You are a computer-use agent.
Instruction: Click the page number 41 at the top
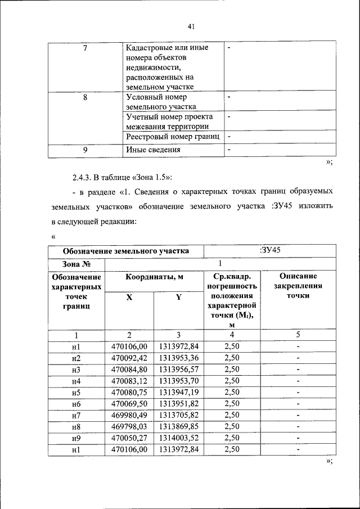[191, 26]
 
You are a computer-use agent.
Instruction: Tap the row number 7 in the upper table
[84, 48]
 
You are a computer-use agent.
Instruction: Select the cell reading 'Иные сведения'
[153, 150]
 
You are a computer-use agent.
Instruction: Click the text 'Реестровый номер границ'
[172, 137]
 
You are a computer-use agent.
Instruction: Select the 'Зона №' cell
[76, 263]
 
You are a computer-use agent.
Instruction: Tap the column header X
[129, 297]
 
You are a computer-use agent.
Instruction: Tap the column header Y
[178, 297]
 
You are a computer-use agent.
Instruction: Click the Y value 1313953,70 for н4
[178, 381]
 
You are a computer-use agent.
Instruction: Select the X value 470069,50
[129, 404]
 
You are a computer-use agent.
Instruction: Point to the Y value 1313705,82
[178, 415]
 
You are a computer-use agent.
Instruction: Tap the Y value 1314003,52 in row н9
[178, 438]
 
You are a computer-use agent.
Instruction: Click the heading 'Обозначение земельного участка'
[125, 251]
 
